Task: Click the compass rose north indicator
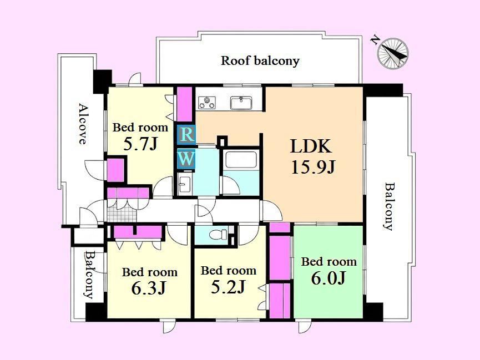click(392, 53)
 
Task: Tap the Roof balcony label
click(260, 60)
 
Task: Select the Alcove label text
click(82, 124)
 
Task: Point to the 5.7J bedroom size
click(140, 144)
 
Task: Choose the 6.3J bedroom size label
click(149, 288)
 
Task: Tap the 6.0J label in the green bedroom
click(329, 278)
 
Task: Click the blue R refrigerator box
click(186, 135)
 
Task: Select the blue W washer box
click(186, 159)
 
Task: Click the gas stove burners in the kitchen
click(207, 103)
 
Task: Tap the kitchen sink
click(241, 103)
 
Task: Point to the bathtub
click(241, 160)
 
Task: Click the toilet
click(218, 235)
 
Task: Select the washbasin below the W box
click(184, 185)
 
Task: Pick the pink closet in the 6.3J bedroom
click(138, 232)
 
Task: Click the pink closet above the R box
click(185, 104)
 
